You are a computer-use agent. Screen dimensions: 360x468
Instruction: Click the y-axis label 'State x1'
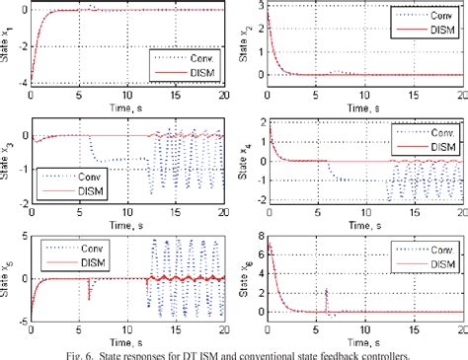coord(8,43)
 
